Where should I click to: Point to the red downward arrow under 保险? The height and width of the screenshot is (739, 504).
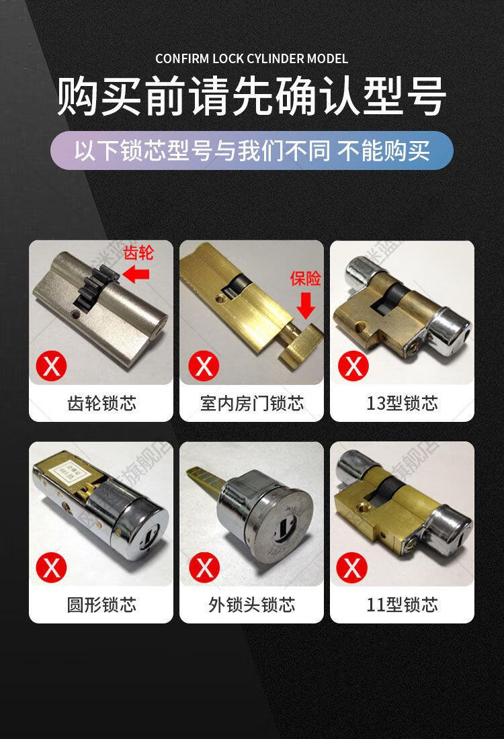[x=306, y=305]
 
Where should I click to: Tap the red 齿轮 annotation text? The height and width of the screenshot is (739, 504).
[x=139, y=253]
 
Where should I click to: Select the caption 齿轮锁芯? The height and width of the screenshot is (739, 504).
[x=101, y=403]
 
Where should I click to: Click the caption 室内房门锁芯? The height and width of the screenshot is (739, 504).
[x=252, y=403]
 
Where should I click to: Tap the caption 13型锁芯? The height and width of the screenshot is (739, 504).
[x=402, y=403]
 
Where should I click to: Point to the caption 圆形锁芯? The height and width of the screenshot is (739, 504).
[x=101, y=605]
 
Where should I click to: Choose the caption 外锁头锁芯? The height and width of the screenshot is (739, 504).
[x=252, y=605]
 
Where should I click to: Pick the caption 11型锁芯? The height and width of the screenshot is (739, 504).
[x=402, y=605]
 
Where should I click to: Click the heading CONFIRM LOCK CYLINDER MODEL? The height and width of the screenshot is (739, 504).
[x=252, y=59]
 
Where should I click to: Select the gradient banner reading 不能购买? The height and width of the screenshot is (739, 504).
[x=252, y=150]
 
